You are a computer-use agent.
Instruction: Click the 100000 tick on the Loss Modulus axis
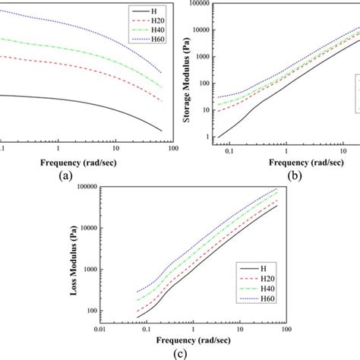(88, 187)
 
